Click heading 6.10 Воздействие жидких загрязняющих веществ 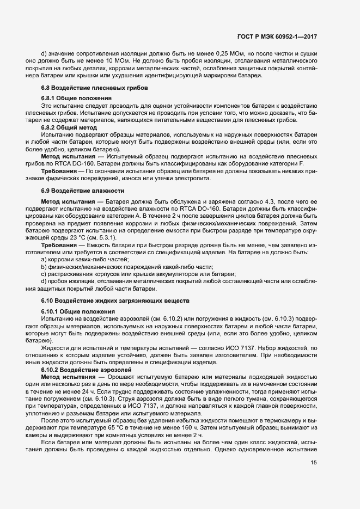pos(115,300)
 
